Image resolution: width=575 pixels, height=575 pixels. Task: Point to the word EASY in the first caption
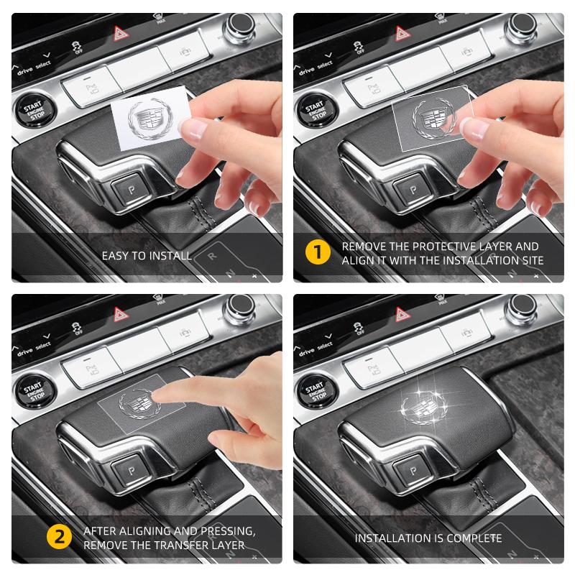(x=115, y=255)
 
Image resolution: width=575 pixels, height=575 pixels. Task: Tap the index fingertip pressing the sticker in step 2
(x=166, y=392)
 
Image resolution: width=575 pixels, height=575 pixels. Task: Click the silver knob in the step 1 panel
(x=518, y=27)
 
